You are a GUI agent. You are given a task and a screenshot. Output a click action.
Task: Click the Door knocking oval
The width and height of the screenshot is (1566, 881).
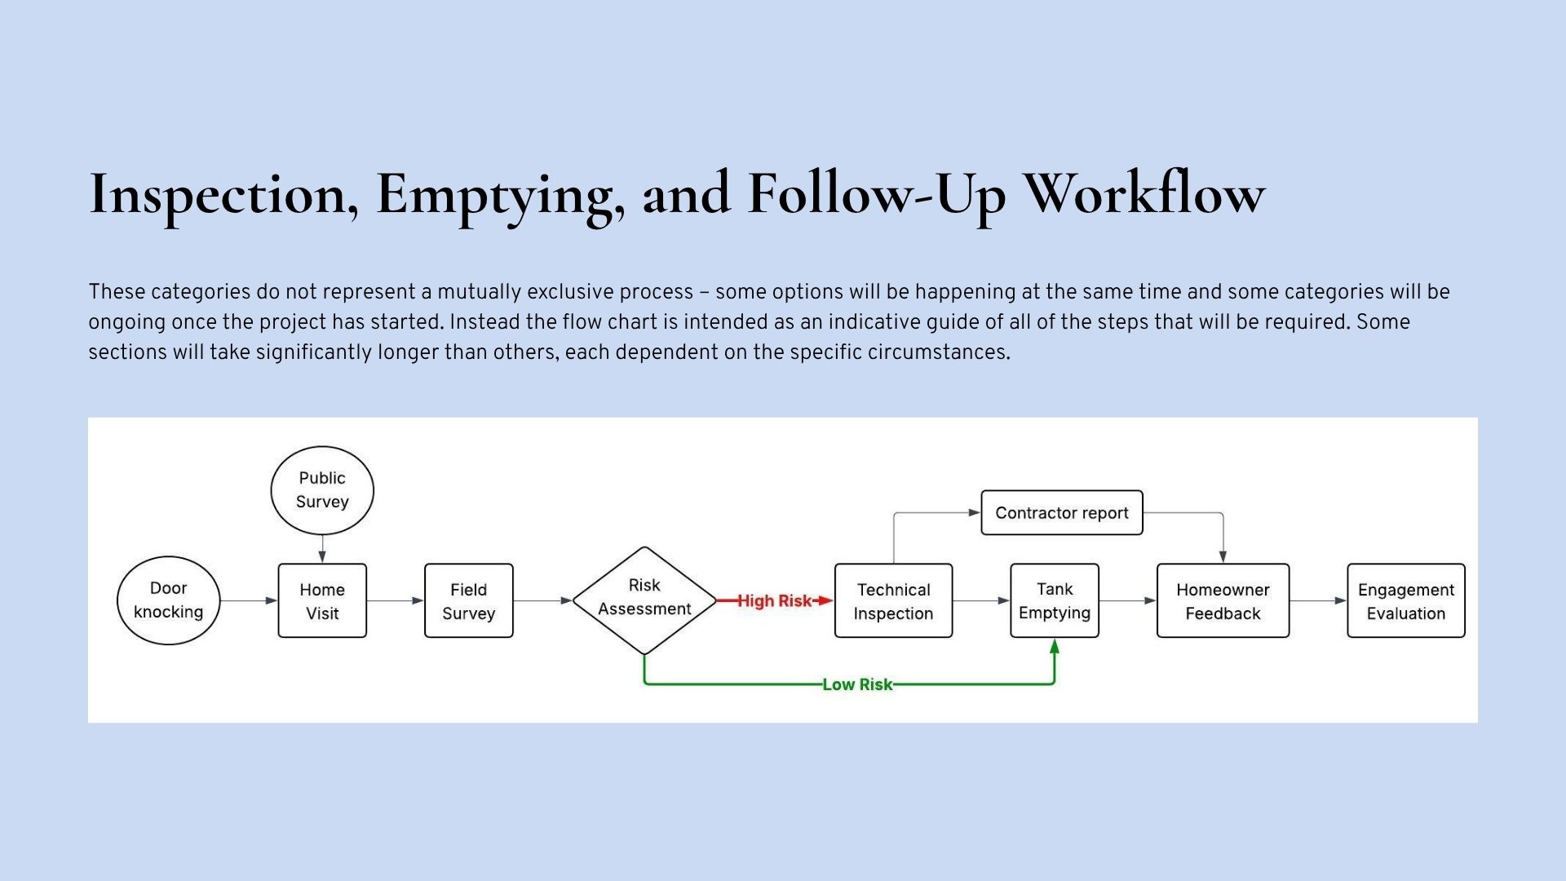169,600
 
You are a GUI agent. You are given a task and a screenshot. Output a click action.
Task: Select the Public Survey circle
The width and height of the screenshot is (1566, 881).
322,490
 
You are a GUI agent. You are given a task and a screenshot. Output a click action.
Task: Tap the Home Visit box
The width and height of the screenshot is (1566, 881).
322,600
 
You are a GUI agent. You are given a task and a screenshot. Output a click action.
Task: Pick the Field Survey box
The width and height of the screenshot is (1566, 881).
469,600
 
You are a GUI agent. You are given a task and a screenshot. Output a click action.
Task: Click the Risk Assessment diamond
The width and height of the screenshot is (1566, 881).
644,600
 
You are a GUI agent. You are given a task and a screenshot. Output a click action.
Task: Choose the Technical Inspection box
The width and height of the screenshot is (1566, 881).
894,600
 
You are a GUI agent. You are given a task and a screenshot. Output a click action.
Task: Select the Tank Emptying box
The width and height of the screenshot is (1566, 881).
1055,600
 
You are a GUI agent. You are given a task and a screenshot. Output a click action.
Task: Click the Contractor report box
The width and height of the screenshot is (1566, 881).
1062,512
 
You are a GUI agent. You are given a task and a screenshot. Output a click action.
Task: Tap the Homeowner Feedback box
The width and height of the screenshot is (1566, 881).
1223,600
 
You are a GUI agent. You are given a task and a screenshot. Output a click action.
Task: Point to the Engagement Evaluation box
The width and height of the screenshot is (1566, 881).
1406,600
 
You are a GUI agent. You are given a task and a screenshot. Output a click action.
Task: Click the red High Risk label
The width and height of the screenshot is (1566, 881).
775,600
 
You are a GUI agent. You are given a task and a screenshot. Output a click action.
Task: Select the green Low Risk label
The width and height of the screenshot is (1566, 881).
857,684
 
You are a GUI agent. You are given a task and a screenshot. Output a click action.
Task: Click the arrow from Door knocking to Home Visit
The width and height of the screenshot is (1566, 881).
249,601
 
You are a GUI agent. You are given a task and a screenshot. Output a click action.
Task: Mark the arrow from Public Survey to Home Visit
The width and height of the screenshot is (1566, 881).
322,549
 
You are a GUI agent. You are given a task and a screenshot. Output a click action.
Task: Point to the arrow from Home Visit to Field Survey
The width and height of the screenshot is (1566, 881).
396,601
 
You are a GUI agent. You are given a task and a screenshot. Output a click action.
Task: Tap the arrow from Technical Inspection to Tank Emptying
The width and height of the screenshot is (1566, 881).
981,601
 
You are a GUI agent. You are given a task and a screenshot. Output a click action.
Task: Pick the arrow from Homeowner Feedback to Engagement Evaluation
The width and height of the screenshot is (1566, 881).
1318,601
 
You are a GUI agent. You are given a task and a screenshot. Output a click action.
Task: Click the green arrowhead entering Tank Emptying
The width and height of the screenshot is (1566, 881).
1055,647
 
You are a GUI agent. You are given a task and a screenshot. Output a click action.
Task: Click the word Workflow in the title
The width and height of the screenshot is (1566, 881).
1144,193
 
